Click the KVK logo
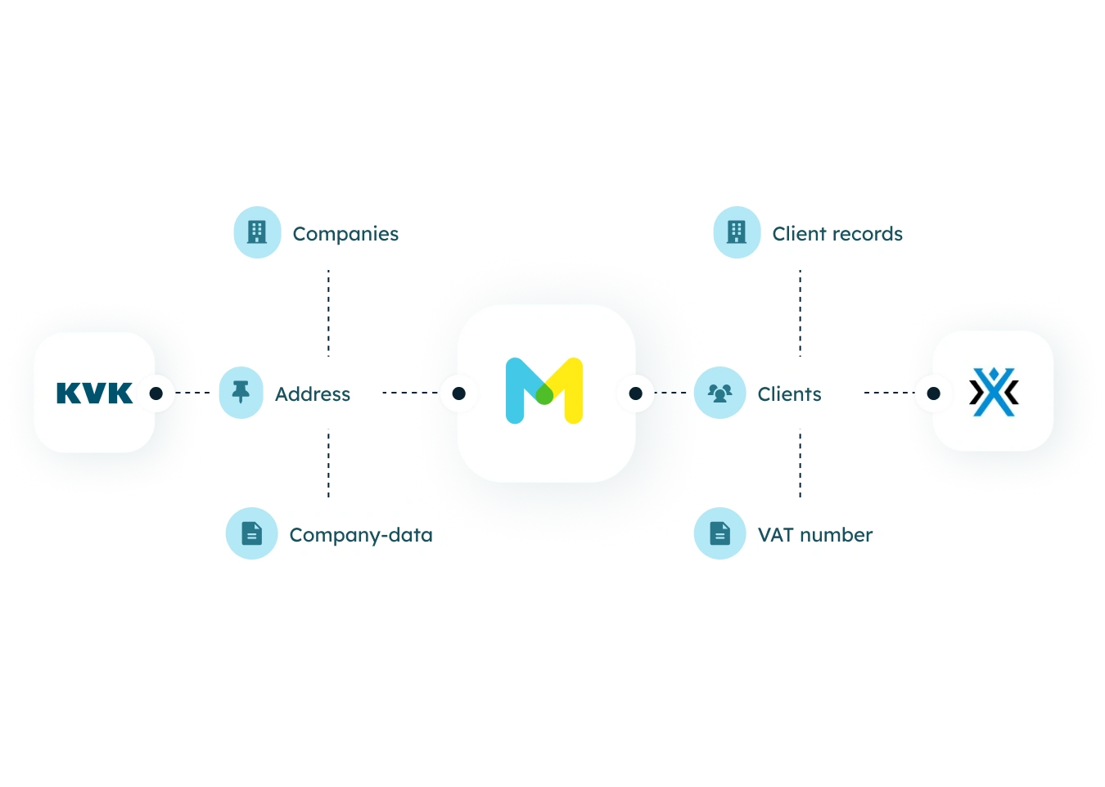[x=95, y=393]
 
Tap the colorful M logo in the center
[x=544, y=390]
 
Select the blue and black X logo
[x=994, y=392]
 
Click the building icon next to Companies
[x=257, y=232]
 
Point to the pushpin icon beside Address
[x=241, y=392]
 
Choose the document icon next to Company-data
[x=251, y=533]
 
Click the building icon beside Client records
[x=737, y=232]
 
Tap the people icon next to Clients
[x=719, y=393]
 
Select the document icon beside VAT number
[x=719, y=533]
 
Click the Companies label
[x=345, y=234]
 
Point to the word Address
[x=313, y=394]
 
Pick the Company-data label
[x=361, y=535]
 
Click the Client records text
[x=837, y=234]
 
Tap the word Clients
[x=790, y=394]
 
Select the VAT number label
[x=815, y=535]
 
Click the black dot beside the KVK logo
[x=156, y=393]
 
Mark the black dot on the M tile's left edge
[x=458, y=393]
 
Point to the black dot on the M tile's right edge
[x=635, y=393]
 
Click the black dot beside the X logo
[x=933, y=393]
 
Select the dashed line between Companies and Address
[x=328, y=313]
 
